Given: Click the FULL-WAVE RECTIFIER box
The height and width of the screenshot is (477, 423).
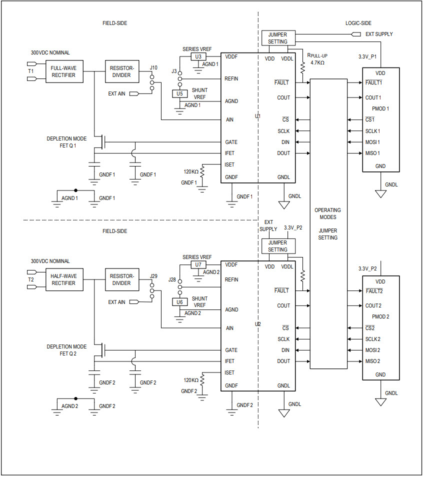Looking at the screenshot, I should tap(63, 71).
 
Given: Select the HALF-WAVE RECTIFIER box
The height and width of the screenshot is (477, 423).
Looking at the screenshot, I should tap(63, 279).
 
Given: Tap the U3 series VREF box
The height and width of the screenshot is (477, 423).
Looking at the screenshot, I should tap(198, 56).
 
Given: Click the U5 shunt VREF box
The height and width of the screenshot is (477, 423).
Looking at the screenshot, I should tap(179, 93).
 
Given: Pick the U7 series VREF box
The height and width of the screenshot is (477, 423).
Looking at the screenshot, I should tap(198, 264).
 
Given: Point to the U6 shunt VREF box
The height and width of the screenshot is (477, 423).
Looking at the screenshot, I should tap(179, 301).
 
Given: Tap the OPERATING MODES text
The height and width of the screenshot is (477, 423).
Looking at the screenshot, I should tap(328, 213).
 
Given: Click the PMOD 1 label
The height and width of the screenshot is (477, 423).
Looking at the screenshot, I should tap(380, 108).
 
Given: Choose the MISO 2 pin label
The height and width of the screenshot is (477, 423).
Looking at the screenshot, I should tap(373, 361).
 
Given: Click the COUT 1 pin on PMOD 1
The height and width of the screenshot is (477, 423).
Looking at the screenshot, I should tap(373, 97).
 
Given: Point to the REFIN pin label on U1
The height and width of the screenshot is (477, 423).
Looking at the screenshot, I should tap(231, 79).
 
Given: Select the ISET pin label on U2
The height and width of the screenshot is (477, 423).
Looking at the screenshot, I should tap(230, 372).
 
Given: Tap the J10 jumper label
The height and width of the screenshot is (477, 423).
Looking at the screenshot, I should tap(153, 67).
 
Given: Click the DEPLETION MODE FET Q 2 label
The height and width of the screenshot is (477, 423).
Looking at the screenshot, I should tap(66, 350).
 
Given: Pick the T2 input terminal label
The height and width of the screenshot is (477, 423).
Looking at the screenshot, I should tap(31, 279).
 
